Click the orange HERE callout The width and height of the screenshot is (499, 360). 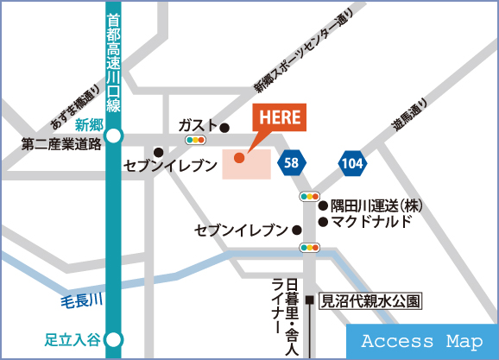[x=279, y=119]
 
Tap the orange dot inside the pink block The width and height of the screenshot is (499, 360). [x=239, y=157]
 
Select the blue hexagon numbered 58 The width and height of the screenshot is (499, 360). [x=291, y=161]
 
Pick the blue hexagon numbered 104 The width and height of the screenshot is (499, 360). [x=351, y=161]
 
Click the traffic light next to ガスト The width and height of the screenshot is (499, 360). [x=195, y=138]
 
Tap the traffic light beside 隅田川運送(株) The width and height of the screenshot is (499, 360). [x=310, y=198]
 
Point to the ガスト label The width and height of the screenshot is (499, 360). [x=198, y=125]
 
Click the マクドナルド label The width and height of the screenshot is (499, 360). [x=372, y=222]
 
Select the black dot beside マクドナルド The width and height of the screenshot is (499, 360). [x=323, y=222]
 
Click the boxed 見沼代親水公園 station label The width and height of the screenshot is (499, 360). [x=370, y=302]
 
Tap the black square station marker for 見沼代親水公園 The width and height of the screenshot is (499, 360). [x=309, y=302]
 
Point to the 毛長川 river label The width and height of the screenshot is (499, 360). [x=81, y=300]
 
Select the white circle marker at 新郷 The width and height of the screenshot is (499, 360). [x=115, y=136]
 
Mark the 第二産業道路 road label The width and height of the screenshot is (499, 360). [x=61, y=143]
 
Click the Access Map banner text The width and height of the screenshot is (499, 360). [x=421, y=342]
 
